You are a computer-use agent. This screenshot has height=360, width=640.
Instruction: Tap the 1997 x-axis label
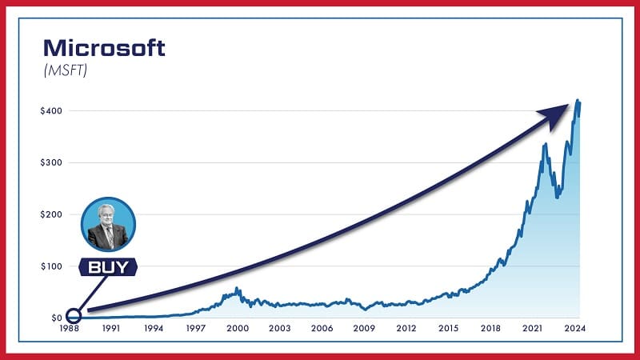pyautogui.click(x=196, y=329)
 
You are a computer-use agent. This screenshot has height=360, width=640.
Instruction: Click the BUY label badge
pyautogui.click(x=107, y=268)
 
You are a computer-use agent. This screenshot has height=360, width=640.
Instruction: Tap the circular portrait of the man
pyautogui.click(x=108, y=224)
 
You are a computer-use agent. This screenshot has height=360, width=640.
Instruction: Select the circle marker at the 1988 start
pyautogui.click(x=74, y=317)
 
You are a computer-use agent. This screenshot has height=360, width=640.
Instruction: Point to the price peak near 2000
pyautogui.click(x=237, y=289)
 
